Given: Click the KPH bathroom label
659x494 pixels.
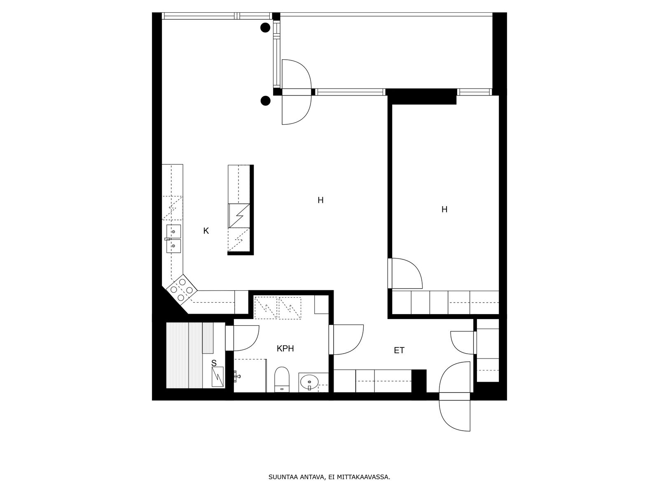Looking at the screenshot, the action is pyautogui.click(x=285, y=349).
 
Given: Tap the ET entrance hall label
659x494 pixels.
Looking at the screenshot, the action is pyautogui.click(x=399, y=350).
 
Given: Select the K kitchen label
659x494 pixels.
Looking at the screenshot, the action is pyautogui.click(x=206, y=231).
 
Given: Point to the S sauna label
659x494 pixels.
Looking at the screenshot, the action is pyautogui.click(x=214, y=363).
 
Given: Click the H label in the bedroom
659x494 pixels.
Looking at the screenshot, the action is pyautogui.click(x=444, y=210).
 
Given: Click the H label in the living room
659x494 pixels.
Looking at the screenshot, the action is pyautogui.click(x=320, y=200).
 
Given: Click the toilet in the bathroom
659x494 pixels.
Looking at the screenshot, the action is pyautogui.click(x=282, y=380).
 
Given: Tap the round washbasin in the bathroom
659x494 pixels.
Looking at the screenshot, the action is pyautogui.click(x=309, y=382).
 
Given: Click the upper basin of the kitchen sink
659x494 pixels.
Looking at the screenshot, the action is pyautogui.click(x=173, y=231).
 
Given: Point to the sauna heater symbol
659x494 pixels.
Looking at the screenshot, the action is pyautogui.click(x=217, y=377).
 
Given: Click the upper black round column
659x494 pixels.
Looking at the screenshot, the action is pyautogui.click(x=265, y=28).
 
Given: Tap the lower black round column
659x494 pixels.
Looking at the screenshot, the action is pyautogui.click(x=265, y=101).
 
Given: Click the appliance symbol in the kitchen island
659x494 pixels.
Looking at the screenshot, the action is pyautogui.click(x=239, y=216).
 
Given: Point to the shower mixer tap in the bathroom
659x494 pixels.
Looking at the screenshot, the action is pyautogui.click(x=237, y=375).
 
